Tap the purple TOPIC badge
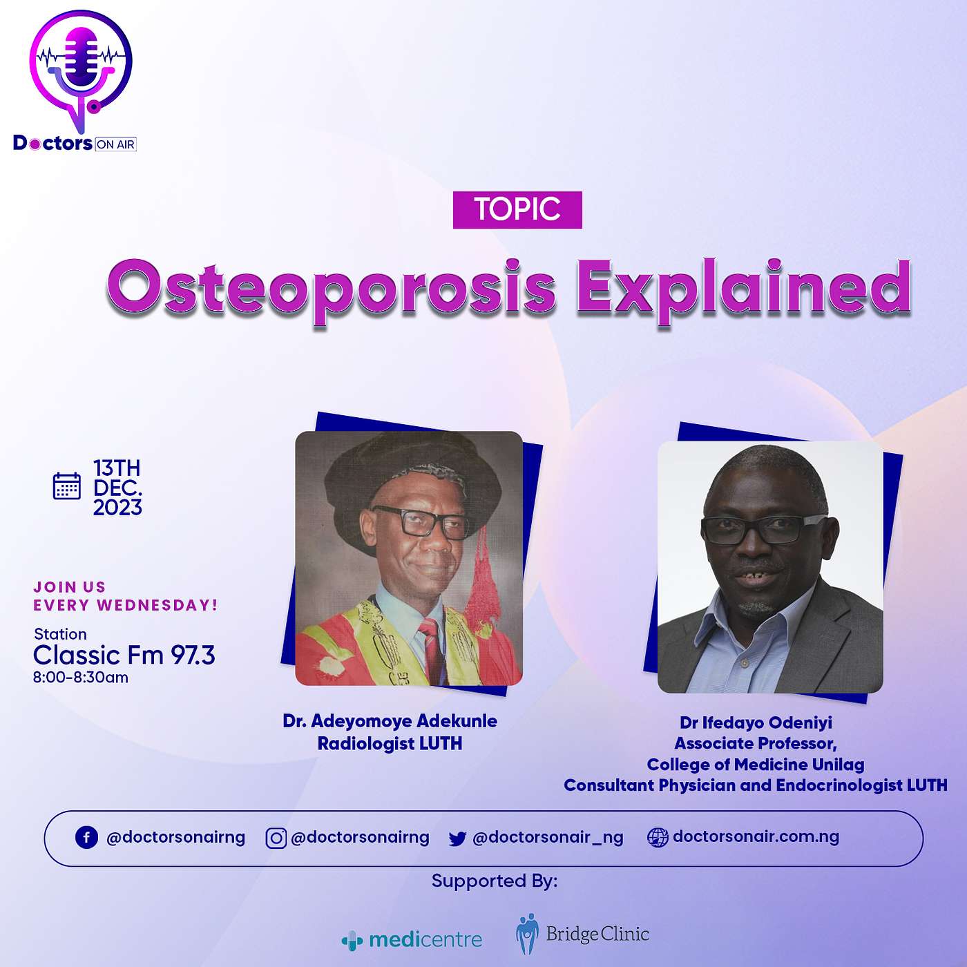[x=517, y=210]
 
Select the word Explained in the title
[x=744, y=290]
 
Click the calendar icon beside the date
[x=67, y=486]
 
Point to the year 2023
[x=117, y=508]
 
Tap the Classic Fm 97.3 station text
[x=124, y=655]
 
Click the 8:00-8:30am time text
[x=81, y=678]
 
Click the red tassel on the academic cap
[x=482, y=577]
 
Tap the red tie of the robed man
[x=431, y=647]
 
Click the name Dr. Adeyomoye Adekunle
[x=390, y=720]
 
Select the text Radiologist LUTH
[x=390, y=743]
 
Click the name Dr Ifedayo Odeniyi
[x=756, y=722]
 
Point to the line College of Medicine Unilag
[x=756, y=764]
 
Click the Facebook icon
[x=86, y=838]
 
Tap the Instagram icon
[x=276, y=838]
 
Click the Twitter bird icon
[x=457, y=839]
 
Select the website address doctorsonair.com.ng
[x=756, y=836]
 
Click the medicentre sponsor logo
[x=412, y=939]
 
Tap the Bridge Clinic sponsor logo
[x=582, y=933]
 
